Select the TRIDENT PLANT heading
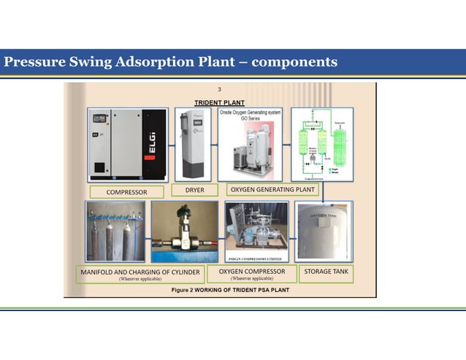click(x=219, y=102)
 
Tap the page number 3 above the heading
click(x=220, y=90)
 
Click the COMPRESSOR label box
click(x=126, y=192)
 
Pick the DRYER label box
click(x=194, y=190)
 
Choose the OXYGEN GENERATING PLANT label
click(x=272, y=190)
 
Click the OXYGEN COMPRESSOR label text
click(x=251, y=271)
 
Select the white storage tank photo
click(x=325, y=231)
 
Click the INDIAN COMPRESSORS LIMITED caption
click(x=251, y=260)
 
